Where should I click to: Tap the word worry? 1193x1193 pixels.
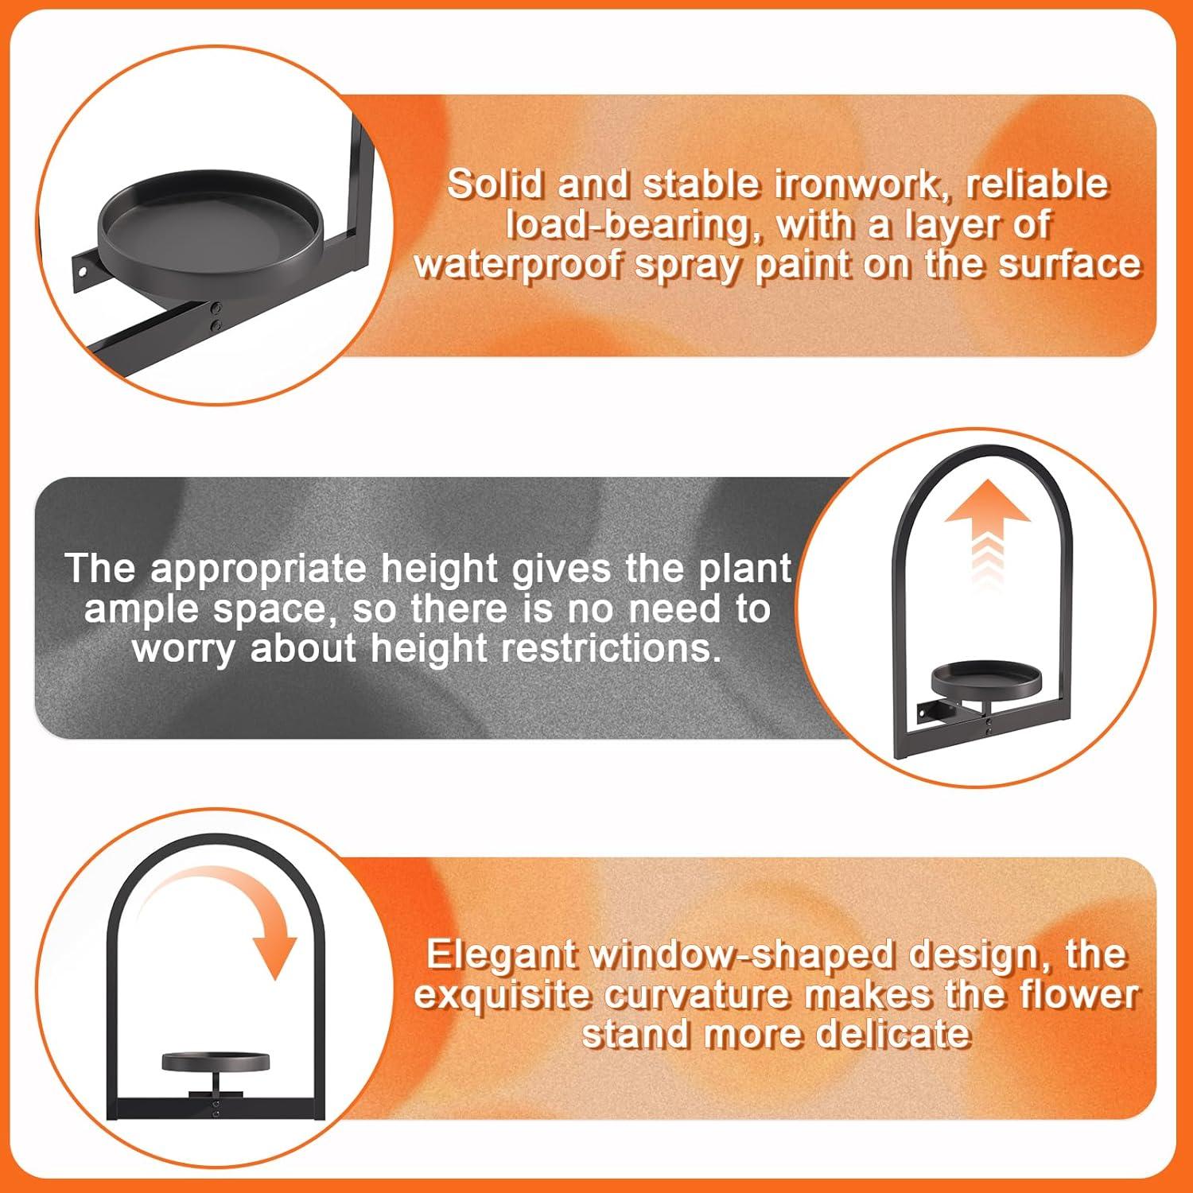point(185,648)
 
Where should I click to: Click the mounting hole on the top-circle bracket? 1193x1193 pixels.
point(82,271)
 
